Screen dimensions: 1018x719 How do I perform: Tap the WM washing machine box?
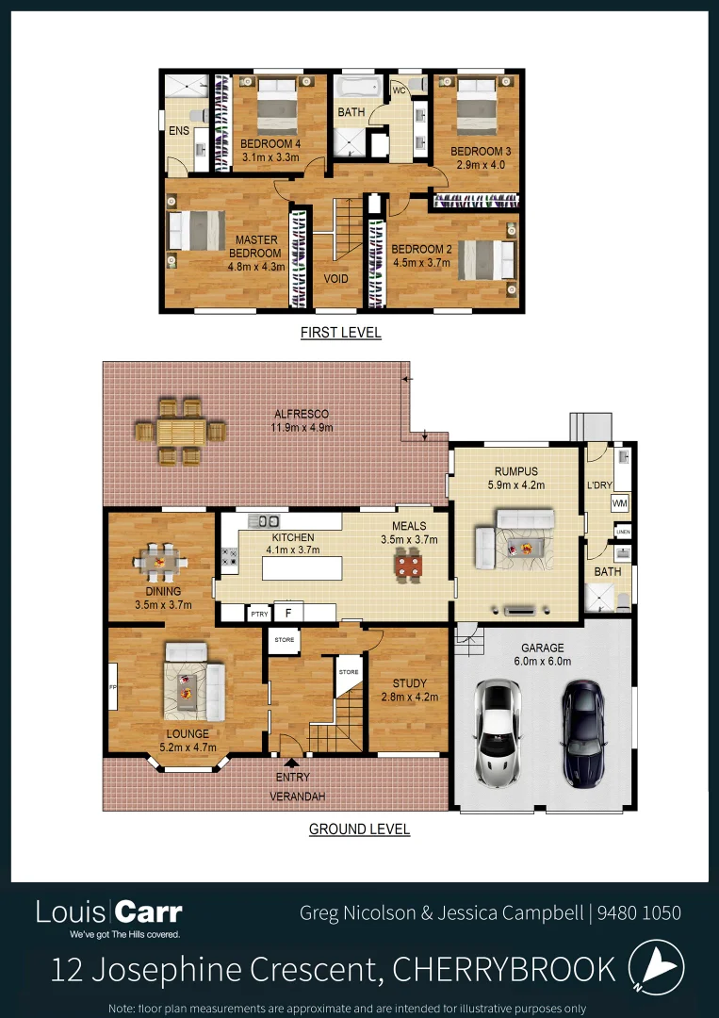[619, 503]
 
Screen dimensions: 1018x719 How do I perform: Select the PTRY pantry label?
[259, 614]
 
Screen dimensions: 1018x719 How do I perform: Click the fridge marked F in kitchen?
[288, 613]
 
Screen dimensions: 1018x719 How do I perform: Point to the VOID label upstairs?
[336, 279]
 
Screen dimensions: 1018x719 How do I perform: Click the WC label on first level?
[399, 91]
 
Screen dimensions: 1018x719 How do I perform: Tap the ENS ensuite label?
[179, 131]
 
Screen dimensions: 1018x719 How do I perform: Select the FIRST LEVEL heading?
[340, 333]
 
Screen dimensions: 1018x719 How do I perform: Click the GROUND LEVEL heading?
[359, 829]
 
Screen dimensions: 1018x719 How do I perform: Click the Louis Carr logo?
[109, 914]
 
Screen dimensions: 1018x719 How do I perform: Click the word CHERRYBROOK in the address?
[503, 969]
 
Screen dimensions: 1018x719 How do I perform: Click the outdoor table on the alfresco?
[180, 433]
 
